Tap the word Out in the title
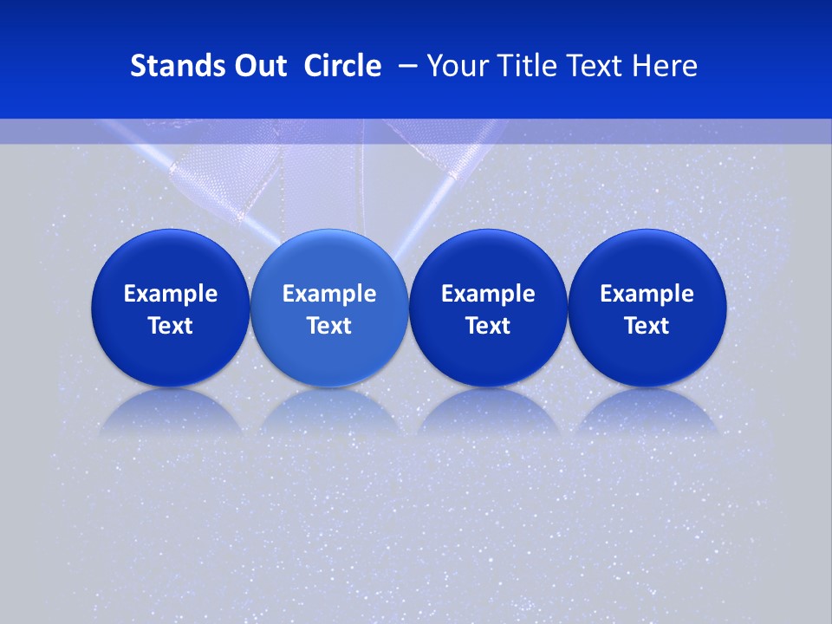258,66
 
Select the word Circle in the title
342,66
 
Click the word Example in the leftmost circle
171,294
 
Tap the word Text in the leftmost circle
171,326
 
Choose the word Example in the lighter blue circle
329,294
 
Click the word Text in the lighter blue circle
329,326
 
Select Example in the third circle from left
488,294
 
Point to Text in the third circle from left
488,326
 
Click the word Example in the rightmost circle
647,294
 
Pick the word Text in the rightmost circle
647,326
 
